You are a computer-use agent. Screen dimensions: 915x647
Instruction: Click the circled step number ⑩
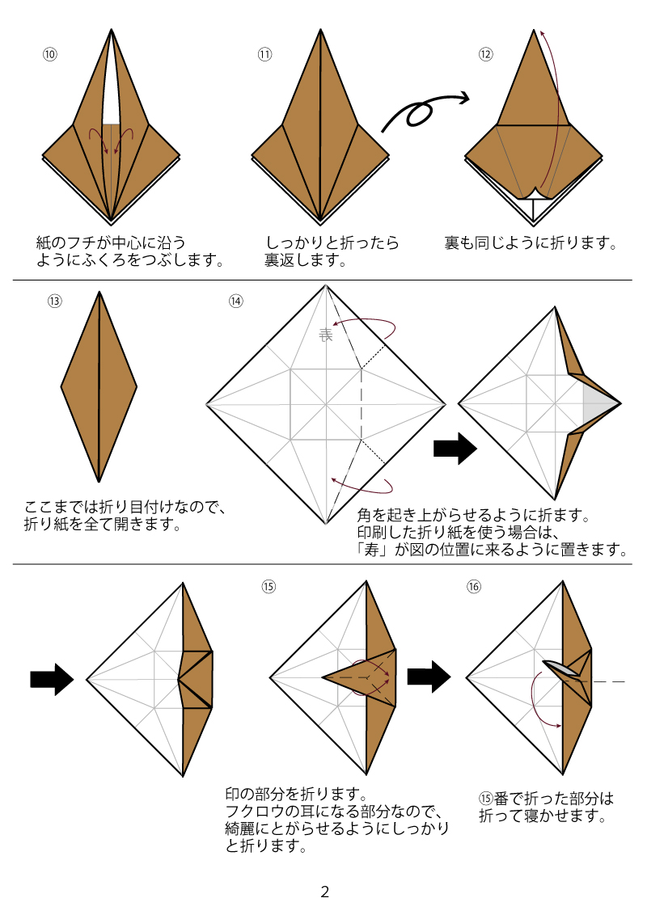click(x=50, y=54)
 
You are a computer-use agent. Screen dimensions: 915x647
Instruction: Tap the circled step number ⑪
click(x=264, y=54)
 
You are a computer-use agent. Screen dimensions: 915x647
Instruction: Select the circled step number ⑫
click(x=485, y=54)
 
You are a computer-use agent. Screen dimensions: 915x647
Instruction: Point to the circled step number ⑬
click(x=55, y=301)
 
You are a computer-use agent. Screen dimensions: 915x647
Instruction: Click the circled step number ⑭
click(x=235, y=301)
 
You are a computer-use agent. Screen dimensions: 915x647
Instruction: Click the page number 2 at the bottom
click(x=325, y=892)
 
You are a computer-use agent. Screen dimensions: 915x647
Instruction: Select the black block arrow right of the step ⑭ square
click(x=455, y=450)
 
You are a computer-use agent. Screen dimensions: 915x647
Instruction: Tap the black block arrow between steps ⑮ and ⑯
click(x=428, y=677)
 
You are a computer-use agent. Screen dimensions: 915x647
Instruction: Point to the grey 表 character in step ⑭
click(x=326, y=335)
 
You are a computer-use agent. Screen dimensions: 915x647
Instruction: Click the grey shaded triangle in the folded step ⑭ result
click(x=597, y=403)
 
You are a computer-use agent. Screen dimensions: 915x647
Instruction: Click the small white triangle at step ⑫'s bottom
click(x=533, y=209)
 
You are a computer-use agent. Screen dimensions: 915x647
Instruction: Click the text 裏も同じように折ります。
click(x=531, y=242)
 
